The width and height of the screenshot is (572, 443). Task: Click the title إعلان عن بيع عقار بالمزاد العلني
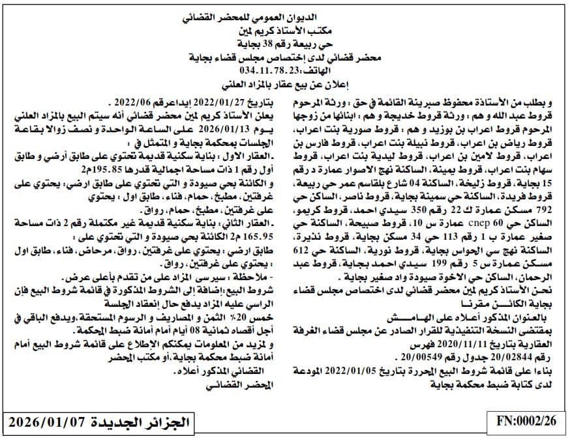286,83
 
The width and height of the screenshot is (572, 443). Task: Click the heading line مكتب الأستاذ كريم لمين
286,30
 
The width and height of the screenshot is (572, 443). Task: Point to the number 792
541,211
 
